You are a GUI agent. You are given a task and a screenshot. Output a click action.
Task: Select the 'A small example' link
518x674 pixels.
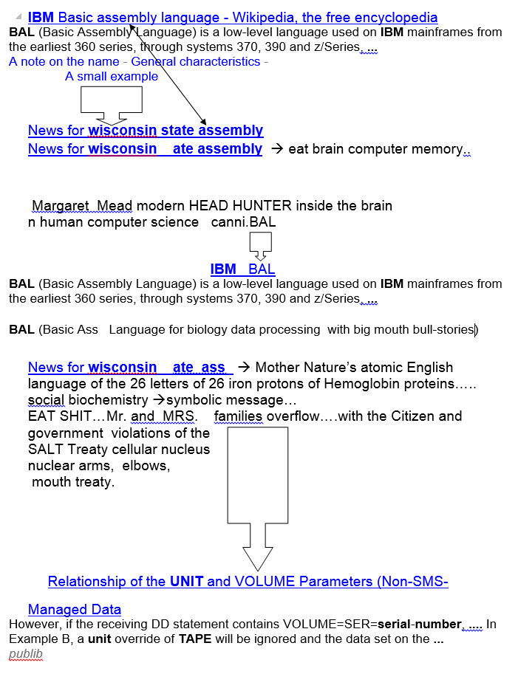click(112, 76)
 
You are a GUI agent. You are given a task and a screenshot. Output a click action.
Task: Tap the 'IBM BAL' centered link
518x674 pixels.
click(242, 269)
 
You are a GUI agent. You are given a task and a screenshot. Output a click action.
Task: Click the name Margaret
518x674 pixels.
click(61, 205)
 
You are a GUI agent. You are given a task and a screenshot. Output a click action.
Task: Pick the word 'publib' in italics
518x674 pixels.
click(26, 654)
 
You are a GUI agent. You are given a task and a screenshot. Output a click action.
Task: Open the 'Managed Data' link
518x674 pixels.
click(75, 609)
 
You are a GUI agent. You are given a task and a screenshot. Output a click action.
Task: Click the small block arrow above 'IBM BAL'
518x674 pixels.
click(260, 246)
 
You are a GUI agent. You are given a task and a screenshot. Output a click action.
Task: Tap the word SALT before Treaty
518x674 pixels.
click(44, 449)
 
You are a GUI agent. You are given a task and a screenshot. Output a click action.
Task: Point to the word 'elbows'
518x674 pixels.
click(146, 466)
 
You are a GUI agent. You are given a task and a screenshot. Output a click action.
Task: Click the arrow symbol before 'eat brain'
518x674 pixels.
click(277, 148)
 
